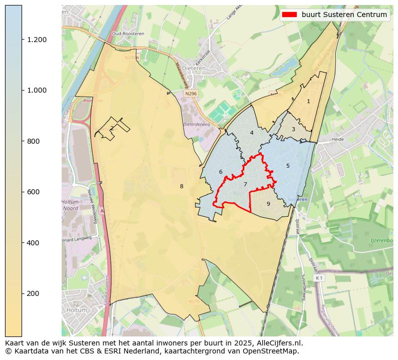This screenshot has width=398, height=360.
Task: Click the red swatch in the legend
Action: tap(289, 15)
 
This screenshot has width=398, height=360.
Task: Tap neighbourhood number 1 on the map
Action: tap(308, 101)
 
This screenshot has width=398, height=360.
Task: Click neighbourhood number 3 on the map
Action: tap(293, 130)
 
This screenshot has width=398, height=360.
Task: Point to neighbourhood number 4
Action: tap(252, 133)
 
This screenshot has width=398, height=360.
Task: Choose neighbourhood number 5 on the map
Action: tap(288, 166)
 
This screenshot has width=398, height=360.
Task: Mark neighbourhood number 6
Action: tap(221, 172)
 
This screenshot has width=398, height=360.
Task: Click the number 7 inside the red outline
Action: tap(245, 184)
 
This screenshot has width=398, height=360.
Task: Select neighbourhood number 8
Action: tap(181, 186)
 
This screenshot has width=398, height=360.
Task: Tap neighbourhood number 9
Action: tap(268, 204)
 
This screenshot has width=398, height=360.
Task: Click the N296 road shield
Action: tap(190, 93)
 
